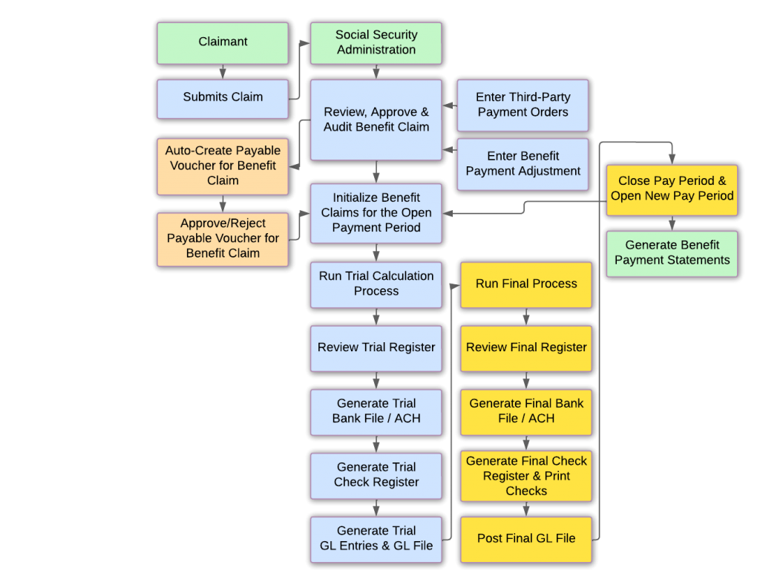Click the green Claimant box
coord(223,42)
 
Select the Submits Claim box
coord(223,98)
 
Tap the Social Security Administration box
coord(376,42)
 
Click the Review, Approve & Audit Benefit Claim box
coord(376,120)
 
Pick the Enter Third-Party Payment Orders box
coord(522,105)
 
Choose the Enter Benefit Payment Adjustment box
coord(522,164)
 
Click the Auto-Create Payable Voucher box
coord(223,166)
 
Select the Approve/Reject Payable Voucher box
coord(223,238)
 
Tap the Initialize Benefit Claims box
coord(376,213)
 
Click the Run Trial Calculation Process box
coord(376,284)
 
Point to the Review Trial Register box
coord(376,347)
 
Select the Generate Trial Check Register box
coord(376,474)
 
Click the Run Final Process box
coord(526,284)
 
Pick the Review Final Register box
coord(526,347)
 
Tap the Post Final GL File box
coord(526,539)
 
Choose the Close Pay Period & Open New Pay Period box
coord(672,189)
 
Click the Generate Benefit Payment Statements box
coord(672,253)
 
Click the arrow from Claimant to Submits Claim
coord(223,71)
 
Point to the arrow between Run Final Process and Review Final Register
coord(526,316)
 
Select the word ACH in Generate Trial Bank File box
coord(407,419)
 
